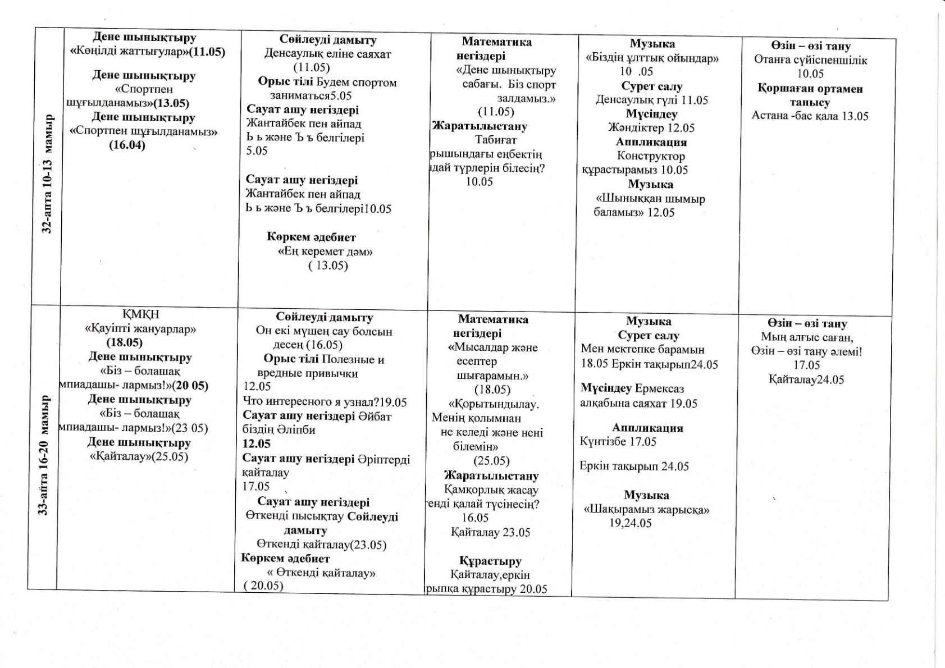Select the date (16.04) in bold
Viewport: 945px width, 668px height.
pos(127,145)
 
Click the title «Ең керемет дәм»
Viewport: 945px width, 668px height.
pos(325,251)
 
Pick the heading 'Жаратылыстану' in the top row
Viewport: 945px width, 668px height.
pos(480,126)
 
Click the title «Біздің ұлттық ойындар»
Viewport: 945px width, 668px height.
pos(652,58)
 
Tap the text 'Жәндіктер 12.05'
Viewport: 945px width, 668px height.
pos(651,127)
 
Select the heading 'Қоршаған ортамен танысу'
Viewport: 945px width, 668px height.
pos(810,95)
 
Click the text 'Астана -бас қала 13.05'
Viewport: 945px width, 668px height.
pos(810,116)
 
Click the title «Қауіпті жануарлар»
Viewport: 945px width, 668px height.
pos(140,328)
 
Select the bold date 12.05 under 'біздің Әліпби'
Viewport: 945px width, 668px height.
pos(257,443)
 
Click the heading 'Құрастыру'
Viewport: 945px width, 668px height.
pos(490,561)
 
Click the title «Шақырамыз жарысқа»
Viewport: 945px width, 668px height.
pos(647,510)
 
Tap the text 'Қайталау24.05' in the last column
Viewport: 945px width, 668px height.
pos(806,379)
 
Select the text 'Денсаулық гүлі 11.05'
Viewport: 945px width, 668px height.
pos(651,100)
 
